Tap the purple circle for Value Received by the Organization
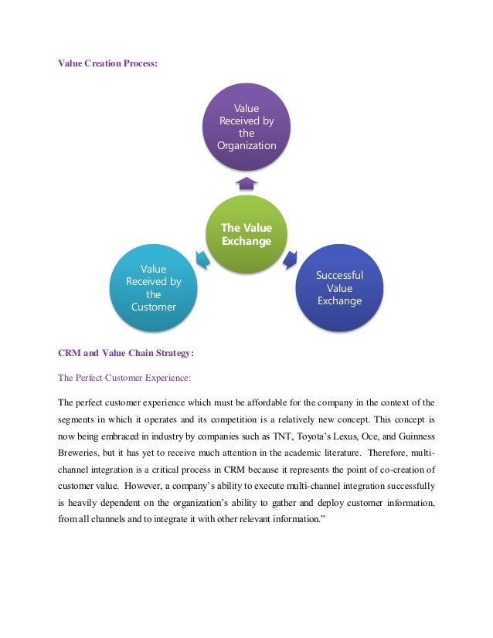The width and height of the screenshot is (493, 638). [246, 127]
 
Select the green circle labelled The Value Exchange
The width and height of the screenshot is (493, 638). [246, 235]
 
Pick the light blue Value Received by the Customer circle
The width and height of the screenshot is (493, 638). [153, 287]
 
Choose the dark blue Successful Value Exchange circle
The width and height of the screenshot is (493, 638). [339, 287]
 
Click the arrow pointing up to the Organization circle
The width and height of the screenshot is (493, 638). [246, 182]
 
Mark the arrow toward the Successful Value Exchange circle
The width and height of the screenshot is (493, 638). [291, 260]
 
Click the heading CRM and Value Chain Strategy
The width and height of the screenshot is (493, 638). [126, 354]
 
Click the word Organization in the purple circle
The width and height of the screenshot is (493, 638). [246, 145]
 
